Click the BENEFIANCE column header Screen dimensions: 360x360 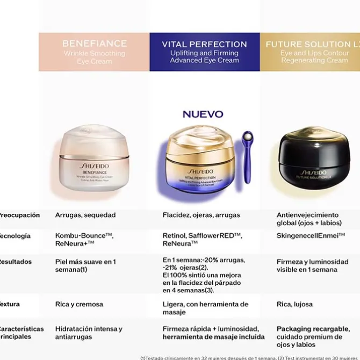point(94,52)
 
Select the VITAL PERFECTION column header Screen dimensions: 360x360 point(204,52)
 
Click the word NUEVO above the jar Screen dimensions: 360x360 point(203,114)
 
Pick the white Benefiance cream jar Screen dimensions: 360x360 point(95,158)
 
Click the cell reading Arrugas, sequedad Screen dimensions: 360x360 point(85,215)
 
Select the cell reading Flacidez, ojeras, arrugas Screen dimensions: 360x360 point(201,215)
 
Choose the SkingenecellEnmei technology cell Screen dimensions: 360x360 point(311,236)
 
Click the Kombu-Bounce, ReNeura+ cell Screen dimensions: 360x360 point(84,240)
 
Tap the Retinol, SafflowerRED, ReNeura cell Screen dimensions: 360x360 point(202,240)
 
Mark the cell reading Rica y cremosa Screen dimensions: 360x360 point(79,304)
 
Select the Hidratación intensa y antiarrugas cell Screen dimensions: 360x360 point(89,333)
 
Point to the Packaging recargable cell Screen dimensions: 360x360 point(313,336)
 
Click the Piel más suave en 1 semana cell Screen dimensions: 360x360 point(85,265)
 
